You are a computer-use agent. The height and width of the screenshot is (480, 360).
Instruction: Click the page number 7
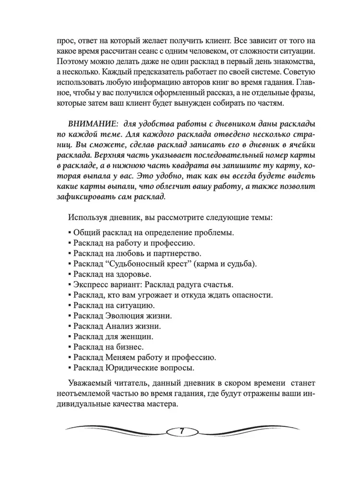[180, 430]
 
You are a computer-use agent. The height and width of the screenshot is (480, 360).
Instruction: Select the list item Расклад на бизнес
[108, 346]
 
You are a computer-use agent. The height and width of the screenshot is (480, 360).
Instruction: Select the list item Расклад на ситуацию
[114, 305]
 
